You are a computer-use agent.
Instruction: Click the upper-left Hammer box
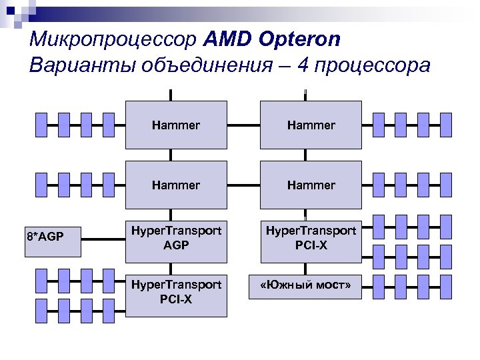[176, 125]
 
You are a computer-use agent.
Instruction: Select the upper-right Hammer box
[311, 125]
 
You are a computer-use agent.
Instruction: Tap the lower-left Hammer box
[176, 185]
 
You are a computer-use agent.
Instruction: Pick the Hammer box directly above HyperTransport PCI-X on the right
[311, 185]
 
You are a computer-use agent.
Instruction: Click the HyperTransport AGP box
[176, 238]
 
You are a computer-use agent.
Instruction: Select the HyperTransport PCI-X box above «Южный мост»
[311, 238]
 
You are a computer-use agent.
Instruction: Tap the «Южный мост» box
[311, 287]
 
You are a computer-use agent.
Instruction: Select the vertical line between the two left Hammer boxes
[171, 155]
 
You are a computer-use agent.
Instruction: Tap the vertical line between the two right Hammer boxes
[306, 155]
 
